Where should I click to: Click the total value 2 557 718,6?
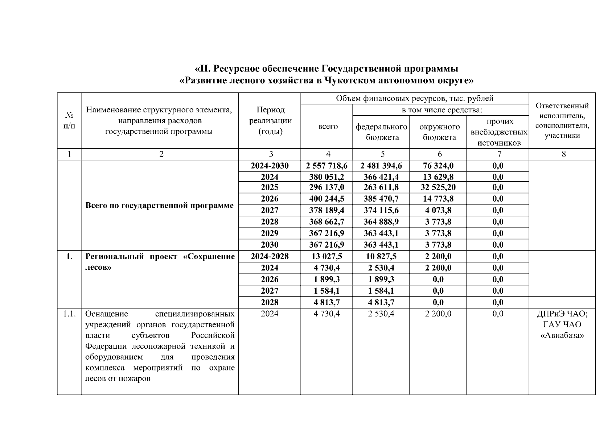[x=327, y=166]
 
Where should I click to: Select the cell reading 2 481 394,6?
[x=381, y=166]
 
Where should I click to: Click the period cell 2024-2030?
[x=270, y=166]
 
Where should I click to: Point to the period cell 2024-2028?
[x=270, y=257]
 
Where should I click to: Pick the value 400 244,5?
[x=327, y=199]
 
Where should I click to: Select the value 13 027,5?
[x=327, y=257]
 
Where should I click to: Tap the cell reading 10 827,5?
[x=381, y=257]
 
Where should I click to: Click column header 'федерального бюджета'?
[x=381, y=132]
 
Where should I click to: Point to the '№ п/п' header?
[x=69, y=121]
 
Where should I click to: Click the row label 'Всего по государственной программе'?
[x=159, y=206]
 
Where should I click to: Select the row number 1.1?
[x=69, y=314]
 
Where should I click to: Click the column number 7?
[x=499, y=154]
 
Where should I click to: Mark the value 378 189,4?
[x=327, y=211]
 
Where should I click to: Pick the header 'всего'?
[x=328, y=127]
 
